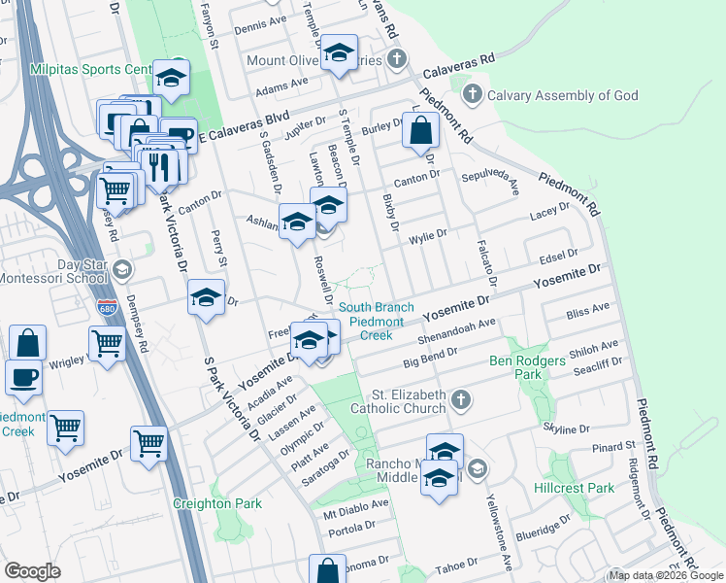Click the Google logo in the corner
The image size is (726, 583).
point(32,571)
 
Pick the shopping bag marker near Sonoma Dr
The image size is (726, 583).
point(327,570)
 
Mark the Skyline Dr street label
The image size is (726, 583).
point(568,429)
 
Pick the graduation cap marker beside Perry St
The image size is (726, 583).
point(206,297)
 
